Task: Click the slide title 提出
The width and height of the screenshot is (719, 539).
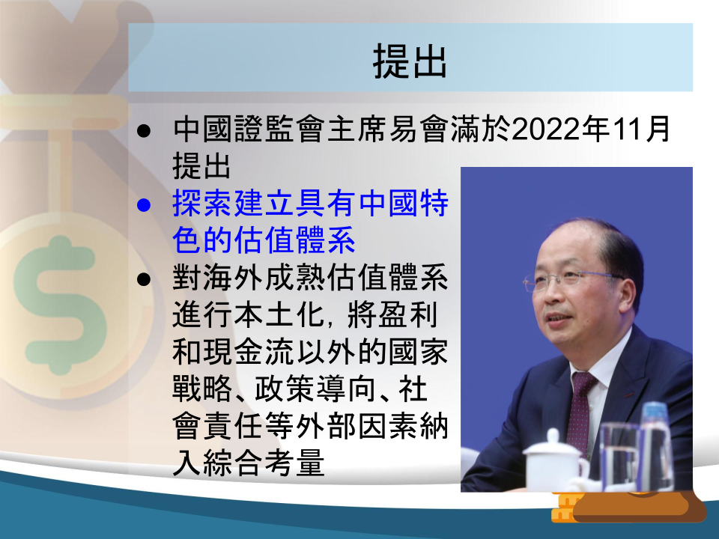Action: (x=410, y=61)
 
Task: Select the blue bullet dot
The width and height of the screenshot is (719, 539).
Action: (x=144, y=205)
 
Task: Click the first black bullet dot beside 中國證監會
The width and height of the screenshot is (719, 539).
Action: (x=144, y=130)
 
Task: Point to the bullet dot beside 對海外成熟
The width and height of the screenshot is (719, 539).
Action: (x=144, y=279)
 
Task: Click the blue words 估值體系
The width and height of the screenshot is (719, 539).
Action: (x=294, y=240)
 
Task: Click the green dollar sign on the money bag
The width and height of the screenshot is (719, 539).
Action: (x=60, y=305)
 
